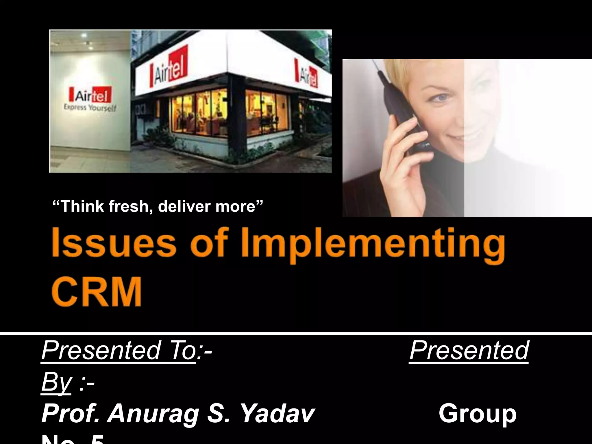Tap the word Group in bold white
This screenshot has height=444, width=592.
click(477, 414)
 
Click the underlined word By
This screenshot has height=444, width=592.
click(56, 382)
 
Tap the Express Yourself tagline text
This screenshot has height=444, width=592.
click(90, 108)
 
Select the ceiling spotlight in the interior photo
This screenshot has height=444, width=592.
click(84, 35)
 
